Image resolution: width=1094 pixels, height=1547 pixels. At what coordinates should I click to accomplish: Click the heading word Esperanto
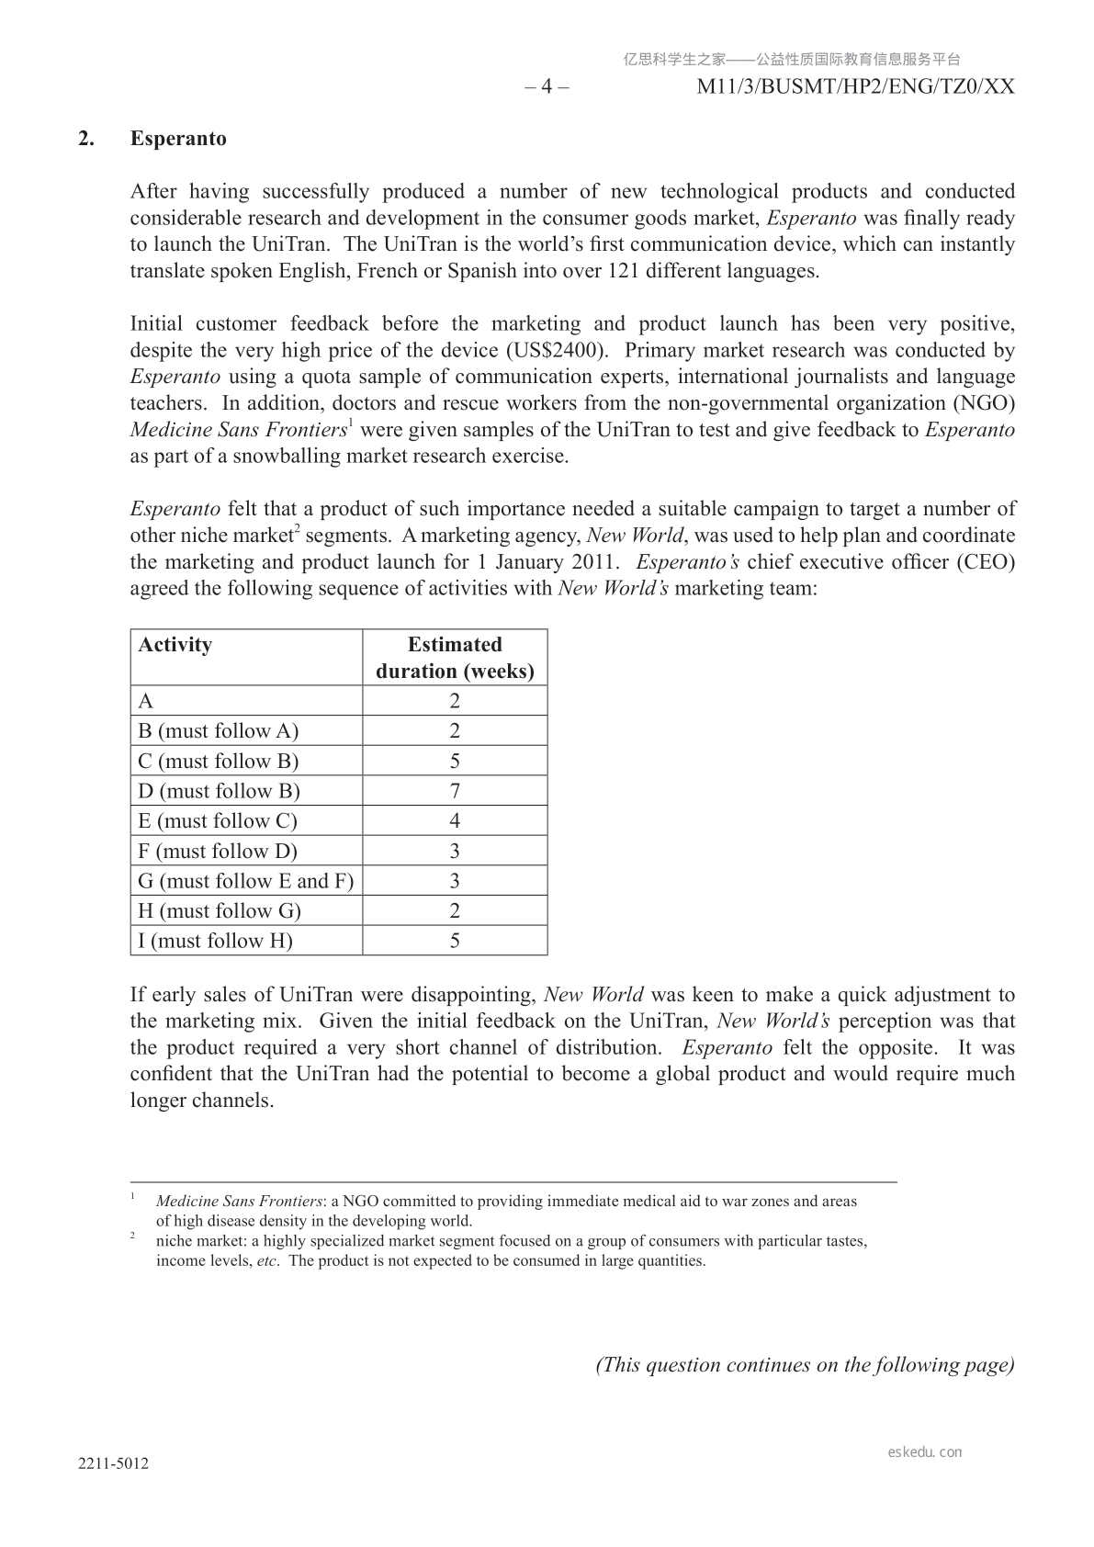click(178, 139)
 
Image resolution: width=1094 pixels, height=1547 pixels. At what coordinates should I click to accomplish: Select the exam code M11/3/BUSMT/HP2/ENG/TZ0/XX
click(856, 86)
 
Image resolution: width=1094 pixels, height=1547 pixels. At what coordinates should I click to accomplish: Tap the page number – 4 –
click(547, 86)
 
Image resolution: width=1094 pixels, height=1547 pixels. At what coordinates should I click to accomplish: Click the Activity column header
click(175, 644)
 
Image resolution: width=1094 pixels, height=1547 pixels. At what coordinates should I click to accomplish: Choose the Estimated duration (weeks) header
click(455, 658)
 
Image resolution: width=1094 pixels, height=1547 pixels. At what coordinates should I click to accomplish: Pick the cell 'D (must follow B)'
click(219, 791)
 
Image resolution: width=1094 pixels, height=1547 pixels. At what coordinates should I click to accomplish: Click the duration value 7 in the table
click(455, 791)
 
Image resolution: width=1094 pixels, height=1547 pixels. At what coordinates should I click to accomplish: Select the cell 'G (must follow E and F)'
click(245, 881)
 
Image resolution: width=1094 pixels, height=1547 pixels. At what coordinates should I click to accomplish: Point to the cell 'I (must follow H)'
click(215, 941)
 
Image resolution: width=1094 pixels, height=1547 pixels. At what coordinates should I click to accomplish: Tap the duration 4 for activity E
click(455, 821)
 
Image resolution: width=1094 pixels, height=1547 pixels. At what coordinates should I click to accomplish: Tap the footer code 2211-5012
click(114, 1464)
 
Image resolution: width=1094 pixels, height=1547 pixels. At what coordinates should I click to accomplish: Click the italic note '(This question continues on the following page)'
click(805, 1365)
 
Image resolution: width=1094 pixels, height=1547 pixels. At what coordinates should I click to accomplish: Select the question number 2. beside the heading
click(86, 139)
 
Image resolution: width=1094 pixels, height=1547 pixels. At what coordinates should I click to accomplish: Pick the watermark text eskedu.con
click(925, 1452)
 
